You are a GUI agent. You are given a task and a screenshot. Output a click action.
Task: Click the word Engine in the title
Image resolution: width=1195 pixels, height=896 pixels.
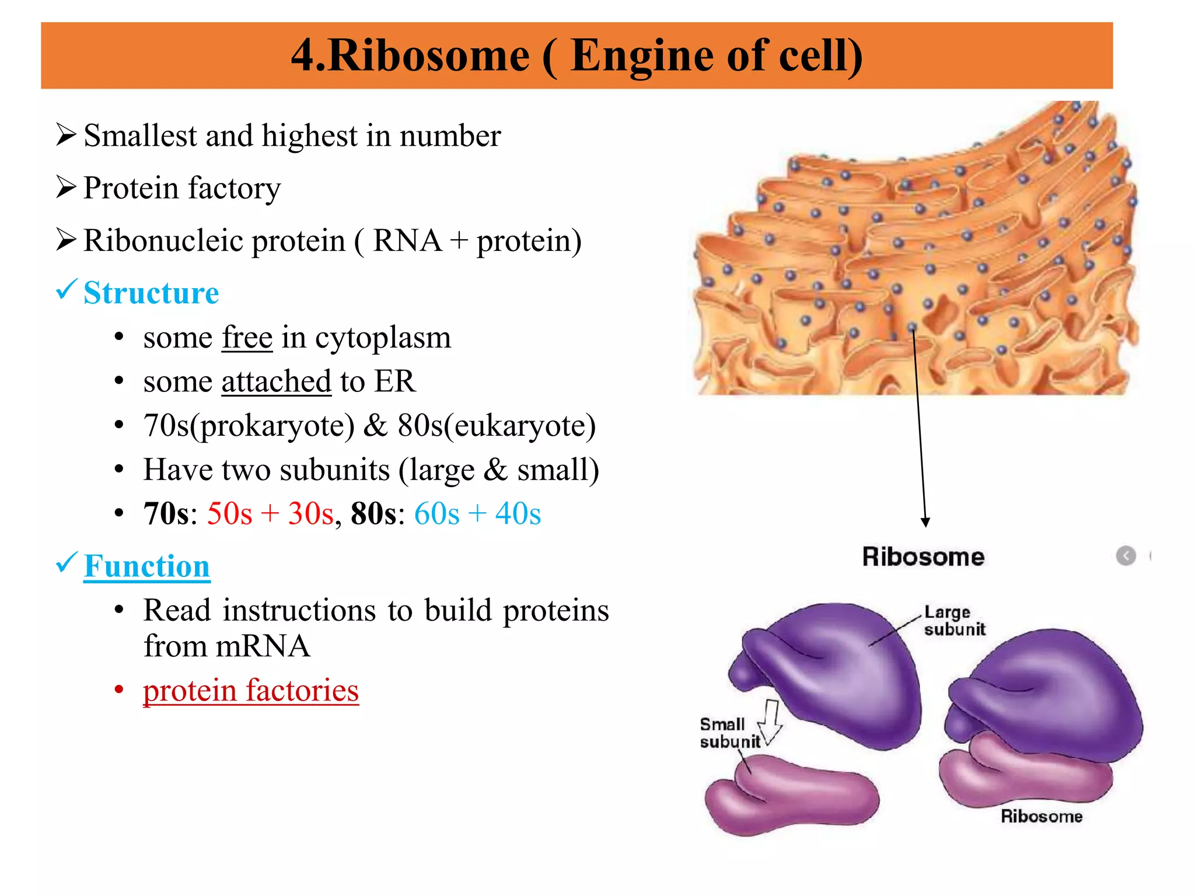click(642, 57)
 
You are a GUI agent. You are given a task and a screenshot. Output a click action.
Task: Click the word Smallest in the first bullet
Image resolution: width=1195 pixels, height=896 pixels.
click(140, 136)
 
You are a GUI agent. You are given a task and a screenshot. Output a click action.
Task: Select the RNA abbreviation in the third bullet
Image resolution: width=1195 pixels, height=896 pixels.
click(407, 241)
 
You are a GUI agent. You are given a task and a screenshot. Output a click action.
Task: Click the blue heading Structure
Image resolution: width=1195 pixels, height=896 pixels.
click(151, 293)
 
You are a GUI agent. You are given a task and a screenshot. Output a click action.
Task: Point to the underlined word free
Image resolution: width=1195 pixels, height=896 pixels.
click(247, 338)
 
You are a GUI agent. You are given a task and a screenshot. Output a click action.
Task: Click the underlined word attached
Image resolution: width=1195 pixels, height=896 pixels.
click(276, 382)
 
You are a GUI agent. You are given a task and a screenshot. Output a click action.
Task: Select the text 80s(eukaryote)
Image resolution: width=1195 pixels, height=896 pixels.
click(497, 426)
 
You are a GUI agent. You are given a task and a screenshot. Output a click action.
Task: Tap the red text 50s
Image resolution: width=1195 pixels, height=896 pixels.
click(229, 514)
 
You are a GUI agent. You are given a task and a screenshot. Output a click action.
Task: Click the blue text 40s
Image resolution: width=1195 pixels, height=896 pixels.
click(518, 514)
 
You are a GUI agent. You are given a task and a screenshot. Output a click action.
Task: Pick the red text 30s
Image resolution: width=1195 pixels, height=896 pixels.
click(310, 514)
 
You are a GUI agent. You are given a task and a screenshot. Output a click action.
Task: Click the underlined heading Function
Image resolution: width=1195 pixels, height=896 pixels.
click(146, 566)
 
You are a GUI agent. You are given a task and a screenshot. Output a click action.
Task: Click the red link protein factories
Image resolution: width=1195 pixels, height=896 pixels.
click(250, 691)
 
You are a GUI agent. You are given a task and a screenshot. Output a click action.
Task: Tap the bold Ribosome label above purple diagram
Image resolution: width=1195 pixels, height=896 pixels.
click(923, 557)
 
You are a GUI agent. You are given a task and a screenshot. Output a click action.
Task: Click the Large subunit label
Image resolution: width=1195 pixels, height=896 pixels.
click(954, 621)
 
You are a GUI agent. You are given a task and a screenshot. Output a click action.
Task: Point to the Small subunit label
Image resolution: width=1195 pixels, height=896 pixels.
click(729, 733)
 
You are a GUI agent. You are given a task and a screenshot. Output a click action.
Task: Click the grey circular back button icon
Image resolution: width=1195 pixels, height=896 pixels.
click(1126, 556)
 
